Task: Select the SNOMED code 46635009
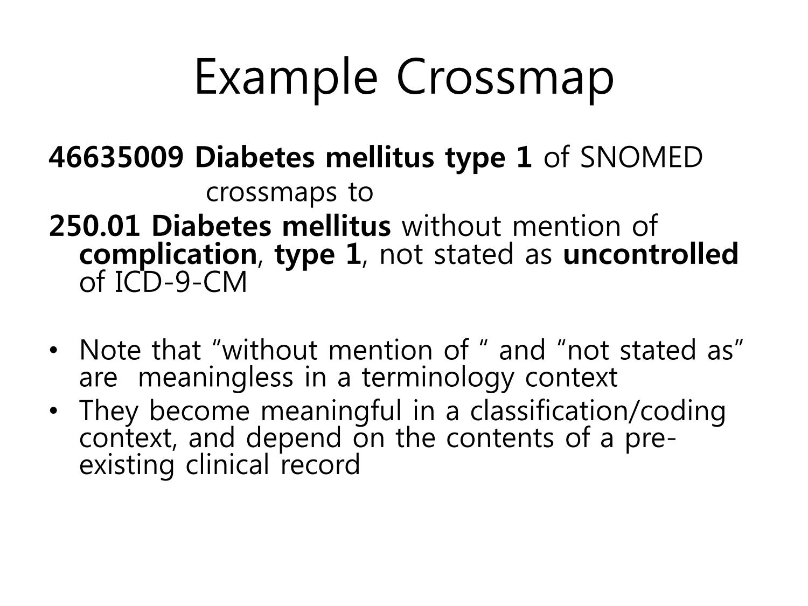tap(116, 157)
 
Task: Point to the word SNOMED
tap(641, 157)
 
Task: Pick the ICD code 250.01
tap(94, 226)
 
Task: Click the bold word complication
tap(168, 255)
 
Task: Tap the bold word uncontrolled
tap(651, 254)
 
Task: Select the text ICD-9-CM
tap(181, 282)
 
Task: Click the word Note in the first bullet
tap(110, 350)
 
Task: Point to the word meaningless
tap(215, 378)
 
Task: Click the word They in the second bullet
tap(109, 411)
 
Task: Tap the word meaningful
tap(331, 411)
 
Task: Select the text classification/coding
tap(598, 411)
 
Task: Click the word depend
tap(294, 438)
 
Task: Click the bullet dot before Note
tap(54, 350)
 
